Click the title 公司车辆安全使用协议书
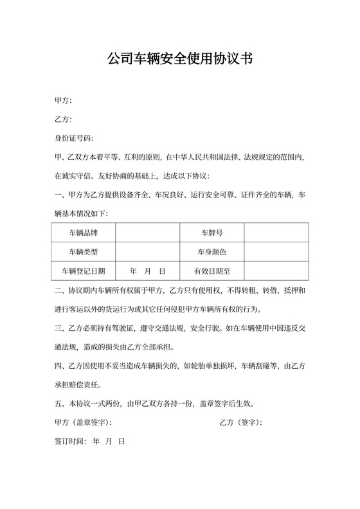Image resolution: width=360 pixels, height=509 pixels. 179,60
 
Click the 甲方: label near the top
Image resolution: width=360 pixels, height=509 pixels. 64,101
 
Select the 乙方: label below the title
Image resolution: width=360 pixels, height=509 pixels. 64,120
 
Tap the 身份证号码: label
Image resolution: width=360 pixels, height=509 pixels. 74,138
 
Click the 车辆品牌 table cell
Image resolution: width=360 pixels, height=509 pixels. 83,232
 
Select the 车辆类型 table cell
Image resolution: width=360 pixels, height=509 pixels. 83,251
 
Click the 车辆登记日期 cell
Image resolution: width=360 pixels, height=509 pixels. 83,271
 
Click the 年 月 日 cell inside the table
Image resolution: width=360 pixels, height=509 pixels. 147,271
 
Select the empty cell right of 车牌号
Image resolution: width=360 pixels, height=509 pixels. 276,232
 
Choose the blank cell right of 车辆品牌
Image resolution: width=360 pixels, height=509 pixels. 147,232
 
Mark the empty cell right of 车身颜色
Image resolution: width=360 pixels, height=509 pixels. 276,251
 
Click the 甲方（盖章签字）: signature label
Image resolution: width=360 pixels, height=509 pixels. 84,423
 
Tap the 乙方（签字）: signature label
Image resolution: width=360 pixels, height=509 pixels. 240,423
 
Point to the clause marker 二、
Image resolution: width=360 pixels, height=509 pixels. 61,290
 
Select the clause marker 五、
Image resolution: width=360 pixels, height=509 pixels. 61,404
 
